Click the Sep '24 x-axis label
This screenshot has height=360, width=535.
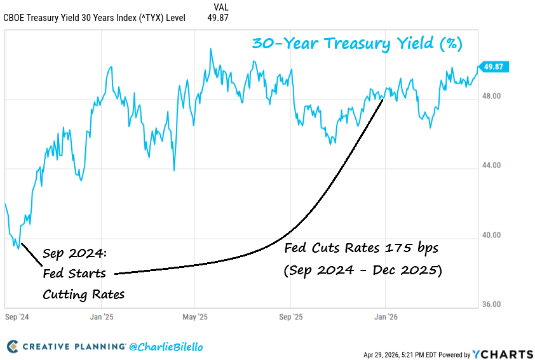coord(16,316)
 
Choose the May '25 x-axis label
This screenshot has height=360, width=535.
coord(195,316)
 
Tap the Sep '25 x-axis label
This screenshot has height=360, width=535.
coord(290,316)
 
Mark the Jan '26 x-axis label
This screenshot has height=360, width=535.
coord(385,316)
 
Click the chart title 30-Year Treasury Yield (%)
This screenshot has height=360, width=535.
coord(357,43)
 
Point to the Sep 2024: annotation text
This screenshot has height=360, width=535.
coord(75,254)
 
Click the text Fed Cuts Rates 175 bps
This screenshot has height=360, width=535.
coord(361,246)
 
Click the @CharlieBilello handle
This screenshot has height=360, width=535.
coord(166,347)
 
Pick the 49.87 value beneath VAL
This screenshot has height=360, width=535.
coord(218,18)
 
